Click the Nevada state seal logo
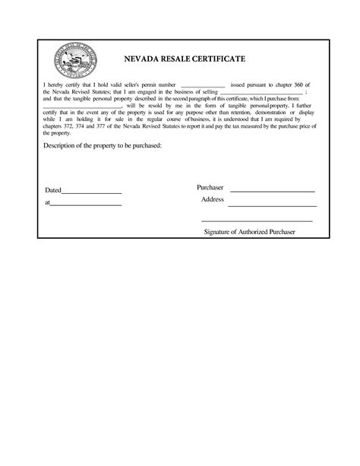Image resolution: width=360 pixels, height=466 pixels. click(x=75, y=58)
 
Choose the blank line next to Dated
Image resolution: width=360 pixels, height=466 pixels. click(x=90, y=192)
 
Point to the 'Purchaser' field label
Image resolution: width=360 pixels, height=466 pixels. click(x=210, y=187)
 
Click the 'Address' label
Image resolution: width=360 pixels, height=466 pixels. click(x=212, y=199)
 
